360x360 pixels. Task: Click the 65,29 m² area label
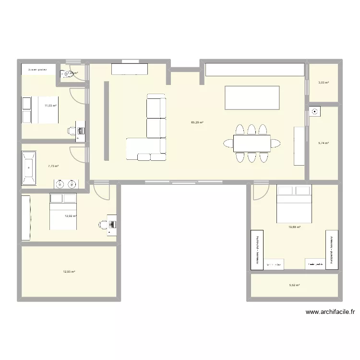tap(197, 122)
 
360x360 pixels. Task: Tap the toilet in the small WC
tap(65, 74)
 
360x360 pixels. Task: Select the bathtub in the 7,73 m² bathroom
tap(29, 168)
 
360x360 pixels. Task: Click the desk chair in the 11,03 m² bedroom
tap(72, 130)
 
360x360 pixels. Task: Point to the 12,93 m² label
tap(69, 272)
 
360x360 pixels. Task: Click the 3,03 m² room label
tap(324, 83)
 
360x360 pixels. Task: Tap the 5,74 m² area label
tap(324, 143)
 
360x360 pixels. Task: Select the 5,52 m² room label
tap(294, 285)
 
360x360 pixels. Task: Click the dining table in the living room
tap(252, 143)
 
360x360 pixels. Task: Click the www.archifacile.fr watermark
tap(330, 312)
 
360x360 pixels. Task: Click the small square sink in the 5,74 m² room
tap(315, 112)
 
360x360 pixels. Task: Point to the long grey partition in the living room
tap(107, 121)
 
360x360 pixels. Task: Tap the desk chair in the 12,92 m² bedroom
tap(103, 224)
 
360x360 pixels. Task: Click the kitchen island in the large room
tap(252, 98)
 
